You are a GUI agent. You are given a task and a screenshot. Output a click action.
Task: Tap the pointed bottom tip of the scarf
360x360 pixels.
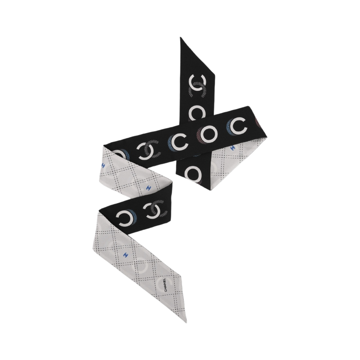coord(186,321)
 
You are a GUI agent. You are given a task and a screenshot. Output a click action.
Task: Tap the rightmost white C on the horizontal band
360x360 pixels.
coord(238,126)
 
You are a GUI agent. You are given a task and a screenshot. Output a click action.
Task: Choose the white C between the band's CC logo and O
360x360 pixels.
coord(180,143)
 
